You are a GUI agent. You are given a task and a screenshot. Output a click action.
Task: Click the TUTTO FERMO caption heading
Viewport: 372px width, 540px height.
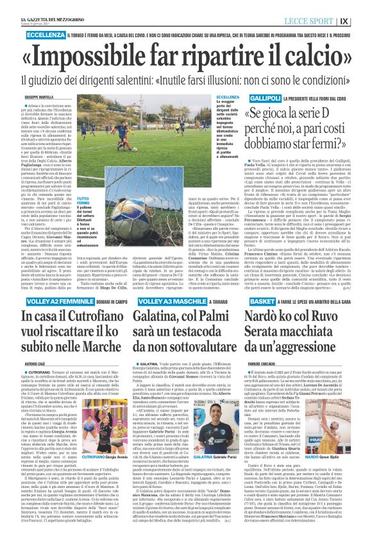click(83, 167)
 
